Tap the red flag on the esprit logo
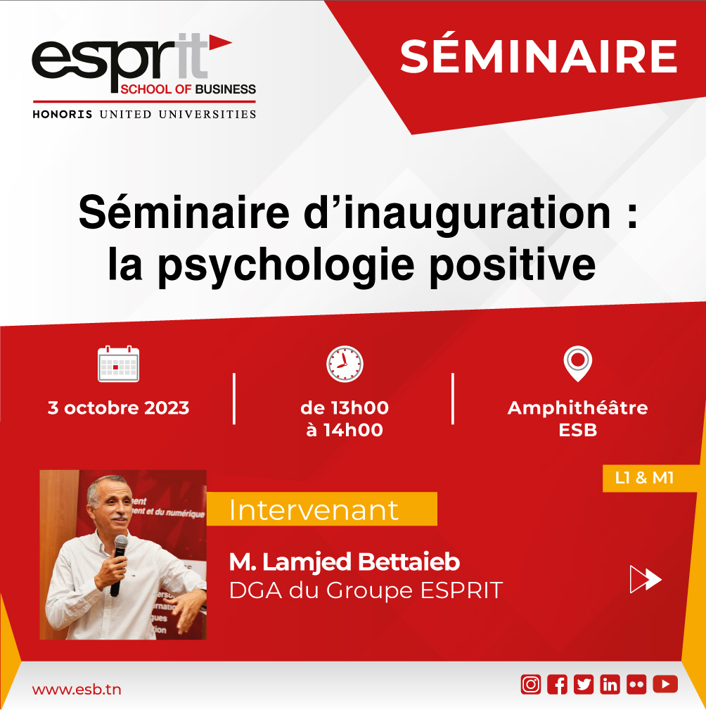pos(219,42)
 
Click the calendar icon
pos(119,364)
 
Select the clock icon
pos(345,364)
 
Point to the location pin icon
pos(578,363)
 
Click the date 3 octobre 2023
pos(119,408)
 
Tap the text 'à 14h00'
pos(345,430)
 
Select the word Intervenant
pos(314,510)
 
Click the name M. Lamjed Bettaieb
pos(345,562)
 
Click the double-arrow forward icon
pos(646,579)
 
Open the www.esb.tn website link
pos(77,689)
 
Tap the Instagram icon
pos(531,684)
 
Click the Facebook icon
pos(557,684)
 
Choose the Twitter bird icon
pos(584,684)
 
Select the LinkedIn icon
pos(610,684)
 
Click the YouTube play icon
pos(665,684)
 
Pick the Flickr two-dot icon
pos(636,684)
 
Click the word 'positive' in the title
pos(513,265)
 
